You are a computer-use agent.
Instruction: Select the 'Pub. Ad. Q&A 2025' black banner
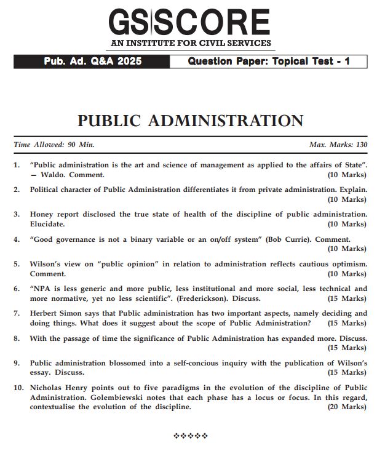pos(92,62)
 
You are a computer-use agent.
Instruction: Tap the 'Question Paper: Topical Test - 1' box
pos(269,62)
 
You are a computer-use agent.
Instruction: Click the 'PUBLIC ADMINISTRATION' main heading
pos(190,120)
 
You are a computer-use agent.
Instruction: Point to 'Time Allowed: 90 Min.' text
pos(54,145)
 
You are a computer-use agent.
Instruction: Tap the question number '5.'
pos(17,264)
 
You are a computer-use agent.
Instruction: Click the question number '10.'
pos(18,388)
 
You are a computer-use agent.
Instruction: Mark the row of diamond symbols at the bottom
pos(191,436)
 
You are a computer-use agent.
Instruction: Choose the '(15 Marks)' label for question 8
pos(346,348)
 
